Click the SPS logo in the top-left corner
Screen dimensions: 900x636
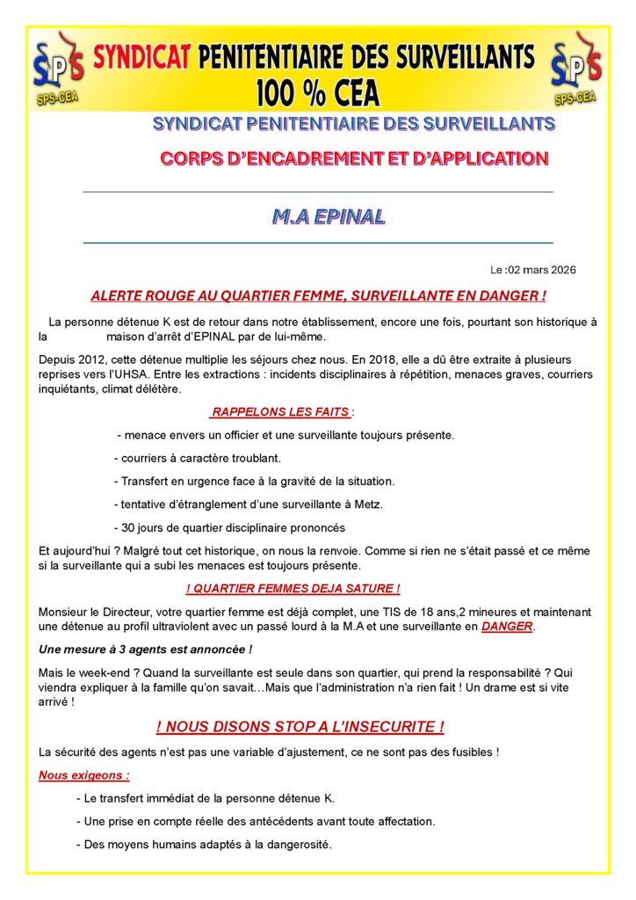click(55, 67)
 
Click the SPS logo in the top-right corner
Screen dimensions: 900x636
click(575, 67)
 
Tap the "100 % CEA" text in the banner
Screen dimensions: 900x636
click(317, 91)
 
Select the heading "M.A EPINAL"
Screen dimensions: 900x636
click(328, 216)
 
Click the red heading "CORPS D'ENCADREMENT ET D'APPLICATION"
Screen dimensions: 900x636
click(354, 159)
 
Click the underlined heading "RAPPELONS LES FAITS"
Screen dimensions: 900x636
click(280, 412)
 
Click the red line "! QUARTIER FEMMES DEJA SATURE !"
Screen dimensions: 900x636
click(293, 588)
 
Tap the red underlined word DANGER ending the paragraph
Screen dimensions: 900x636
click(508, 627)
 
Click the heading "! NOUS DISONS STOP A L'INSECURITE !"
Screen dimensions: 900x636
click(300, 727)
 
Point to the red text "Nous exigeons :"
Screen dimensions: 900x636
click(84, 776)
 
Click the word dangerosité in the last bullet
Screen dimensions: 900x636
click(291, 844)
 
